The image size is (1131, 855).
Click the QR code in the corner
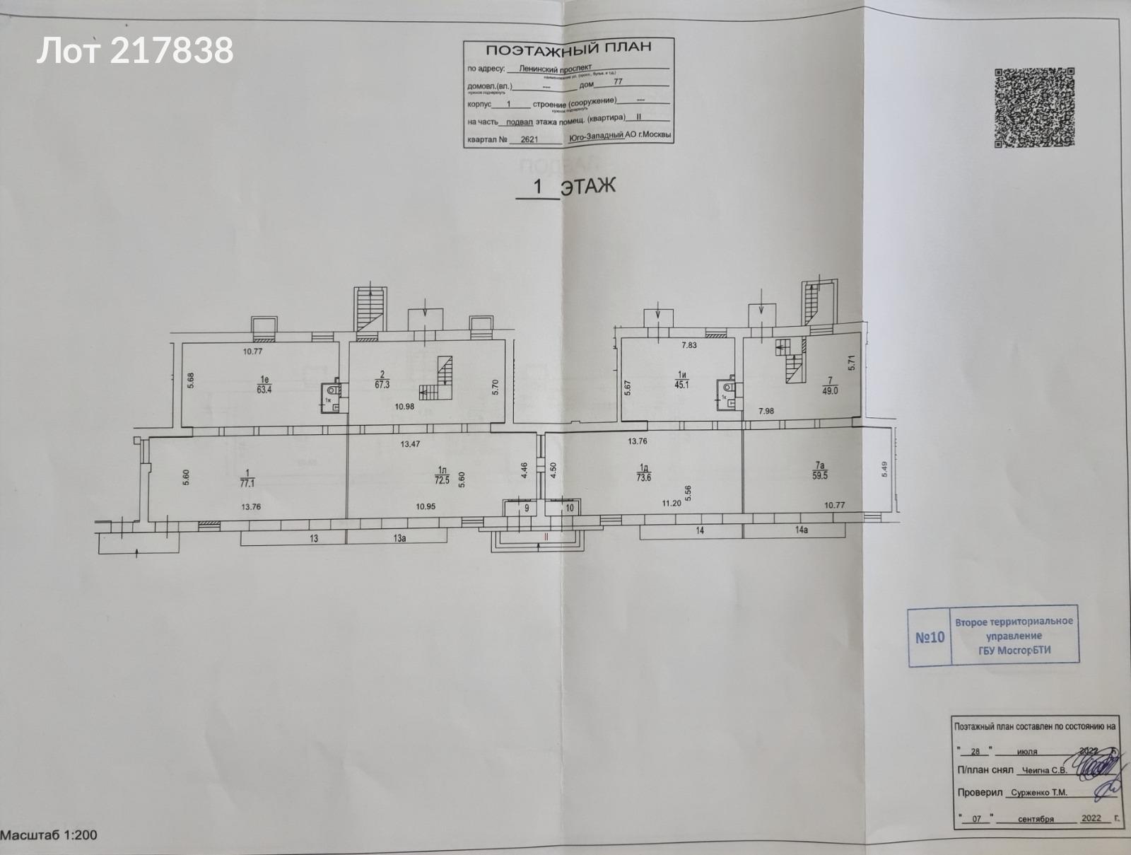pos(1035,107)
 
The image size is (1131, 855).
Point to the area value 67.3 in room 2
pos(384,385)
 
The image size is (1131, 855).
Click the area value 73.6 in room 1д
pos(645,477)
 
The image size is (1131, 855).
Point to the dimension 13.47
pos(411,444)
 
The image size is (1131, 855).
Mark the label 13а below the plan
pos(400,538)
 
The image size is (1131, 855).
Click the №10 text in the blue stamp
pos(930,637)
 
